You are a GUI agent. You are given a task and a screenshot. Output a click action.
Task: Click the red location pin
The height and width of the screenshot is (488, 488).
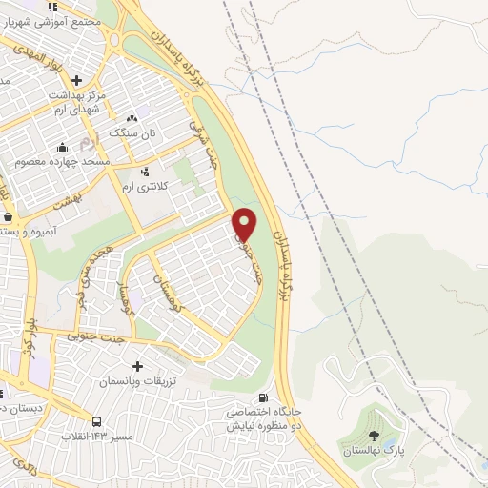point(245,224)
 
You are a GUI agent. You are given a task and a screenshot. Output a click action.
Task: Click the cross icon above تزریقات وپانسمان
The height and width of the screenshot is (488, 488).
point(138,366)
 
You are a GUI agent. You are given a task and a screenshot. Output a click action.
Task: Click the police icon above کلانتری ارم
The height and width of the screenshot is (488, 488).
point(145,172)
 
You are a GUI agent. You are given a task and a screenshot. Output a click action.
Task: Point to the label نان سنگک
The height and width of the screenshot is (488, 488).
point(131,132)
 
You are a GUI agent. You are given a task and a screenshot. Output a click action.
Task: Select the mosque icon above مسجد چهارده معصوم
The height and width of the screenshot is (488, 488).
point(62,147)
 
